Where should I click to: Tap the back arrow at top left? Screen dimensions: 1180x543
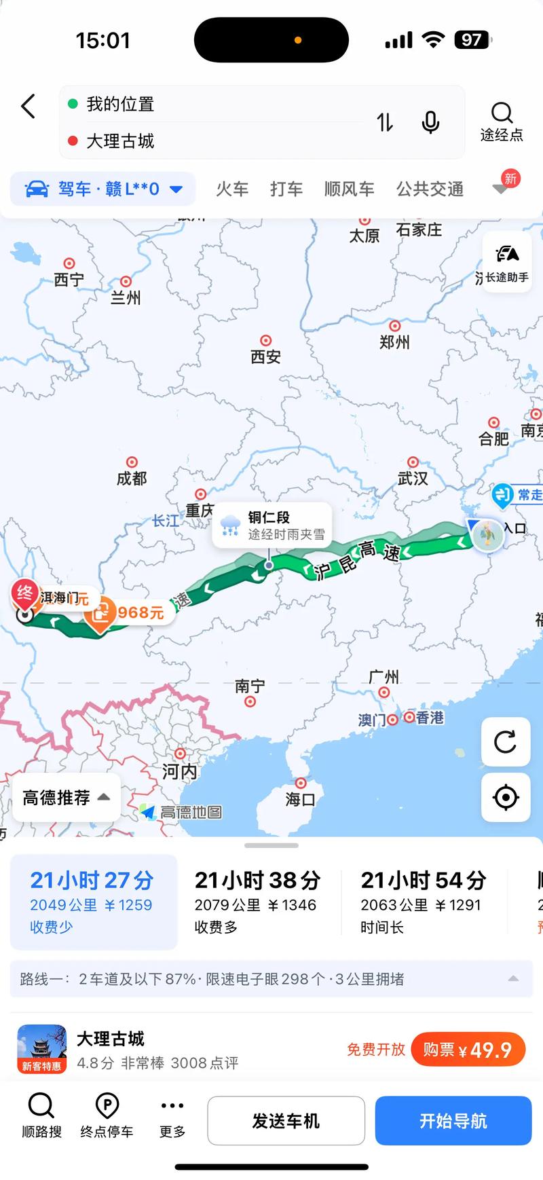point(29,107)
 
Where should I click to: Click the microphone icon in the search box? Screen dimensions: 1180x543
point(430,123)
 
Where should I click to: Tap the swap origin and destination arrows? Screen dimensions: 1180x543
point(385,123)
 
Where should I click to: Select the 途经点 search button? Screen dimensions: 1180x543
point(502,122)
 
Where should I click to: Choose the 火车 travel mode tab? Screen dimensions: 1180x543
point(232,189)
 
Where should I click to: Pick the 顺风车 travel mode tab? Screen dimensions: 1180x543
point(349,189)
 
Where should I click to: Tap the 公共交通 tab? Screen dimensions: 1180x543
point(430,189)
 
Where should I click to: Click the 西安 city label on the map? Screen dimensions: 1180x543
point(265,356)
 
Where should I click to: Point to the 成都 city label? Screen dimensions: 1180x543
point(132,478)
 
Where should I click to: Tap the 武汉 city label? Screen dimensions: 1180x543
point(413,478)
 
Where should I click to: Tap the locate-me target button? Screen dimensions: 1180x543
point(506,797)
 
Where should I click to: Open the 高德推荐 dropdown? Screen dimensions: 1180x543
point(66,797)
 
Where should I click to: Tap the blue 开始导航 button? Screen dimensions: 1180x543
point(453,1121)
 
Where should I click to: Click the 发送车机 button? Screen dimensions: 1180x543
point(286,1121)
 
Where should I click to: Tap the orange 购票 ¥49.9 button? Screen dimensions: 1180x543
point(468,1050)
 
